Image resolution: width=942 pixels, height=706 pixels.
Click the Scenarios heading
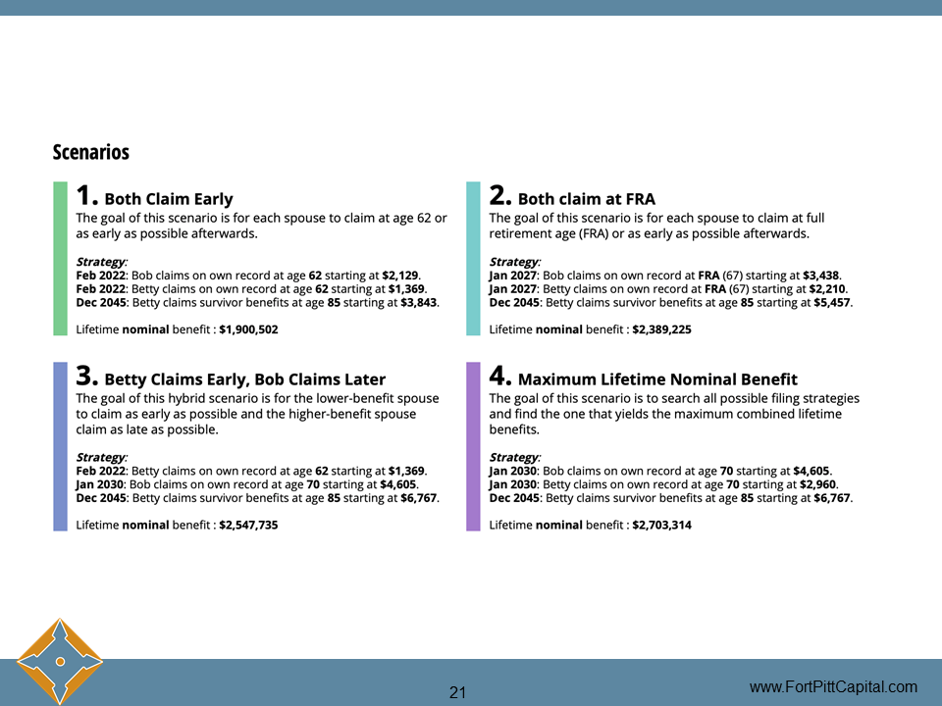tap(91, 153)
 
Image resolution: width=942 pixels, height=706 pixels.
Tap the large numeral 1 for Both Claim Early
tap(85, 195)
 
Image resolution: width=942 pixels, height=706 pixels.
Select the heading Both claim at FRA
tap(586, 199)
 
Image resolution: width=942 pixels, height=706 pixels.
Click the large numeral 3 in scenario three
tap(86, 376)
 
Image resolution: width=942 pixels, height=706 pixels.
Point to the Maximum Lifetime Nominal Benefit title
tap(657, 379)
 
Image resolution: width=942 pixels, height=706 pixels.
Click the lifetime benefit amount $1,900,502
tap(248, 329)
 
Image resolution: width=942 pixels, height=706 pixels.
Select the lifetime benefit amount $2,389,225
tap(661, 329)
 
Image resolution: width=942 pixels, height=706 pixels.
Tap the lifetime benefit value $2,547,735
tap(248, 525)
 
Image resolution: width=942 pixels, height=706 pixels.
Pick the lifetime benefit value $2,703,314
tap(661, 525)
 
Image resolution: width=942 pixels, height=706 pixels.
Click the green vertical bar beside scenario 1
tap(60, 259)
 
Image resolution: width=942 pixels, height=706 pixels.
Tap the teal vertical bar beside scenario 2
tap(473, 259)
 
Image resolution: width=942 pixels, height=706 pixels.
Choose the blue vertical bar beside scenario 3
tap(60, 446)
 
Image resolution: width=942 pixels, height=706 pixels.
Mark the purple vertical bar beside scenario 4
tap(473, 446)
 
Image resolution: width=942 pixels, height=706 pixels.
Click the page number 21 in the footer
tap(457, 692)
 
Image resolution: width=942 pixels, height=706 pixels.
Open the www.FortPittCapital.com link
tap(833, 686)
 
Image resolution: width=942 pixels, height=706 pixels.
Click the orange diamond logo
tap(60, 662)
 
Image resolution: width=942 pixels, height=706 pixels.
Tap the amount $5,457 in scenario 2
tap(832, 302)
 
